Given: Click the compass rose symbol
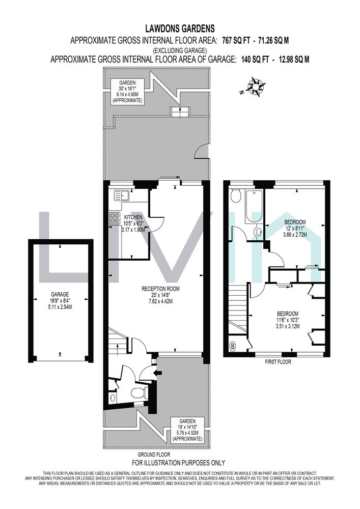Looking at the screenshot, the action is pos(257,87).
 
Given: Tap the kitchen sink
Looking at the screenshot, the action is pos(121,195).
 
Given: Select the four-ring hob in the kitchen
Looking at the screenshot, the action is pos(114,217).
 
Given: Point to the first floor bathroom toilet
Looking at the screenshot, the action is pos(235,196).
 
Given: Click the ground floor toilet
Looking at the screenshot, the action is pos(140,392).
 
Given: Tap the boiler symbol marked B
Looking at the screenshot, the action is pos(233,347).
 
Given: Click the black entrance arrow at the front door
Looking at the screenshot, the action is pos(159,373).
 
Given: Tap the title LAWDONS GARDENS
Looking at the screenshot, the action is pos(180,29).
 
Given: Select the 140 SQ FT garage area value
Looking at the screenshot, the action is pos(255,60).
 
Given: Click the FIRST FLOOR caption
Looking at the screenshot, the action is pos(278,362).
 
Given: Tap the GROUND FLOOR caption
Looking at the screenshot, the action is pos(154,455).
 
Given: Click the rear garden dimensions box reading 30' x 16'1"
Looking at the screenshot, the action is pos(127,91).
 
